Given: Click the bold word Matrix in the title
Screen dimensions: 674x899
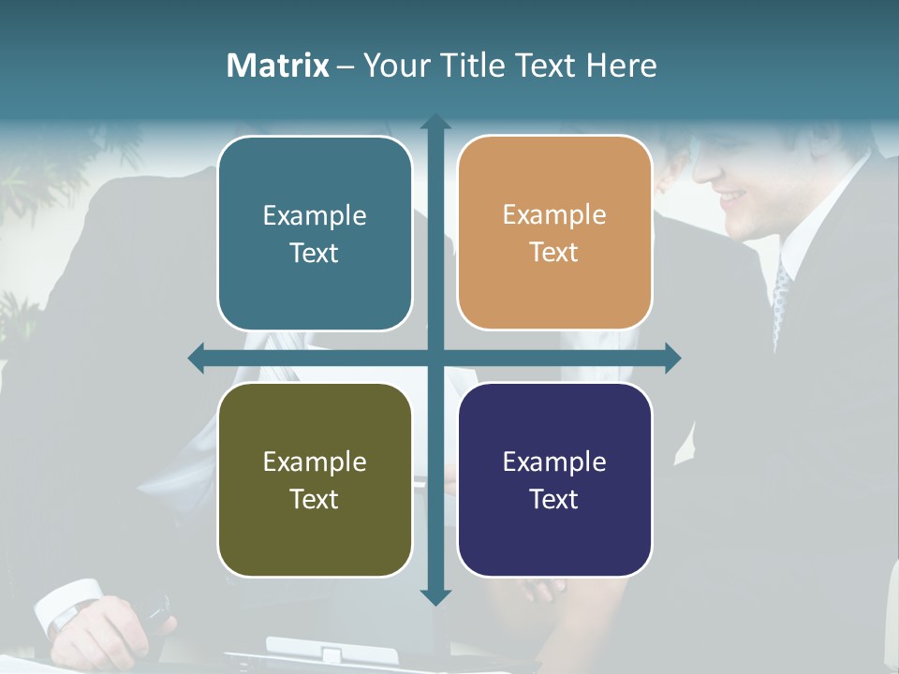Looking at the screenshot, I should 278,66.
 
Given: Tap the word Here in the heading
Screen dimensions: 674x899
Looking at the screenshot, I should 621,66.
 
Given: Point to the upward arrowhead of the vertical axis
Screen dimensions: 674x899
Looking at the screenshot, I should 435,122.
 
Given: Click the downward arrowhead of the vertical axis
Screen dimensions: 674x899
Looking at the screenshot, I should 435,596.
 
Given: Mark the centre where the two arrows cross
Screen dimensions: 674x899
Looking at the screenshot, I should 435,359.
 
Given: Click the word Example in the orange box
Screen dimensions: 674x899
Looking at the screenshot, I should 554,215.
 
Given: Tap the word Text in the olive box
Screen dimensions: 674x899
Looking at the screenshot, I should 315,499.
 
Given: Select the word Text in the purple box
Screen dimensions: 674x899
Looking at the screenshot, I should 554,499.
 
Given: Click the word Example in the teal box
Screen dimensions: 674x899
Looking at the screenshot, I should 315,216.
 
